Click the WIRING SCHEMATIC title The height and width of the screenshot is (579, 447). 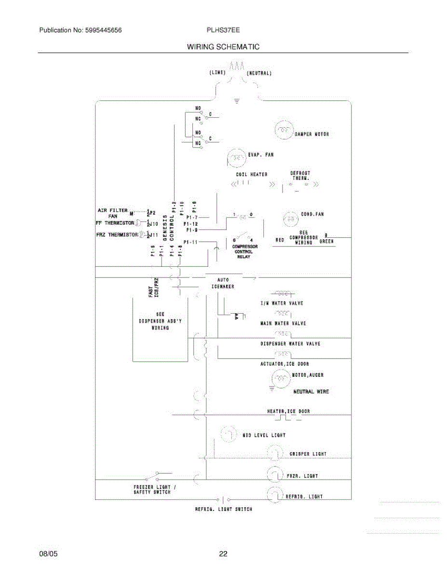tap(223, 47)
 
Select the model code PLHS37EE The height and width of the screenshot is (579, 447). tap(223, 30)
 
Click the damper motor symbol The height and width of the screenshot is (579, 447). tap(284, 129)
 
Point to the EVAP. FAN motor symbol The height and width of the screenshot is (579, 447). tap(236, 156)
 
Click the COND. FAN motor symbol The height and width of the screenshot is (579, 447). tap(291, 219)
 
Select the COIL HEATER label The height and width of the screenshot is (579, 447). tap(251, 174)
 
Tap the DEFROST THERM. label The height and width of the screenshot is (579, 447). tap(300, 175)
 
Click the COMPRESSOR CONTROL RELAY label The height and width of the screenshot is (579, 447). tap(246, 251)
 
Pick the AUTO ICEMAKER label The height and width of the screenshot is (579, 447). tap(223, 283)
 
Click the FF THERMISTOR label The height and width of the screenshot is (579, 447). tap(115, 223)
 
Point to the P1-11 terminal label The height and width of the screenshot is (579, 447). tap(191, 241)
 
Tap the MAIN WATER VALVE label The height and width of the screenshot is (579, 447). tap(283, 323)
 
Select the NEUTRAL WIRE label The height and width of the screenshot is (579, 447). tap(311, 391)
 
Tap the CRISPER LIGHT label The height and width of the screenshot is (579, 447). tap(308, 454)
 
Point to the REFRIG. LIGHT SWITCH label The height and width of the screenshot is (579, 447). tap(223, 509)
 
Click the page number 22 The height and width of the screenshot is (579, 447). tap(223, 554)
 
